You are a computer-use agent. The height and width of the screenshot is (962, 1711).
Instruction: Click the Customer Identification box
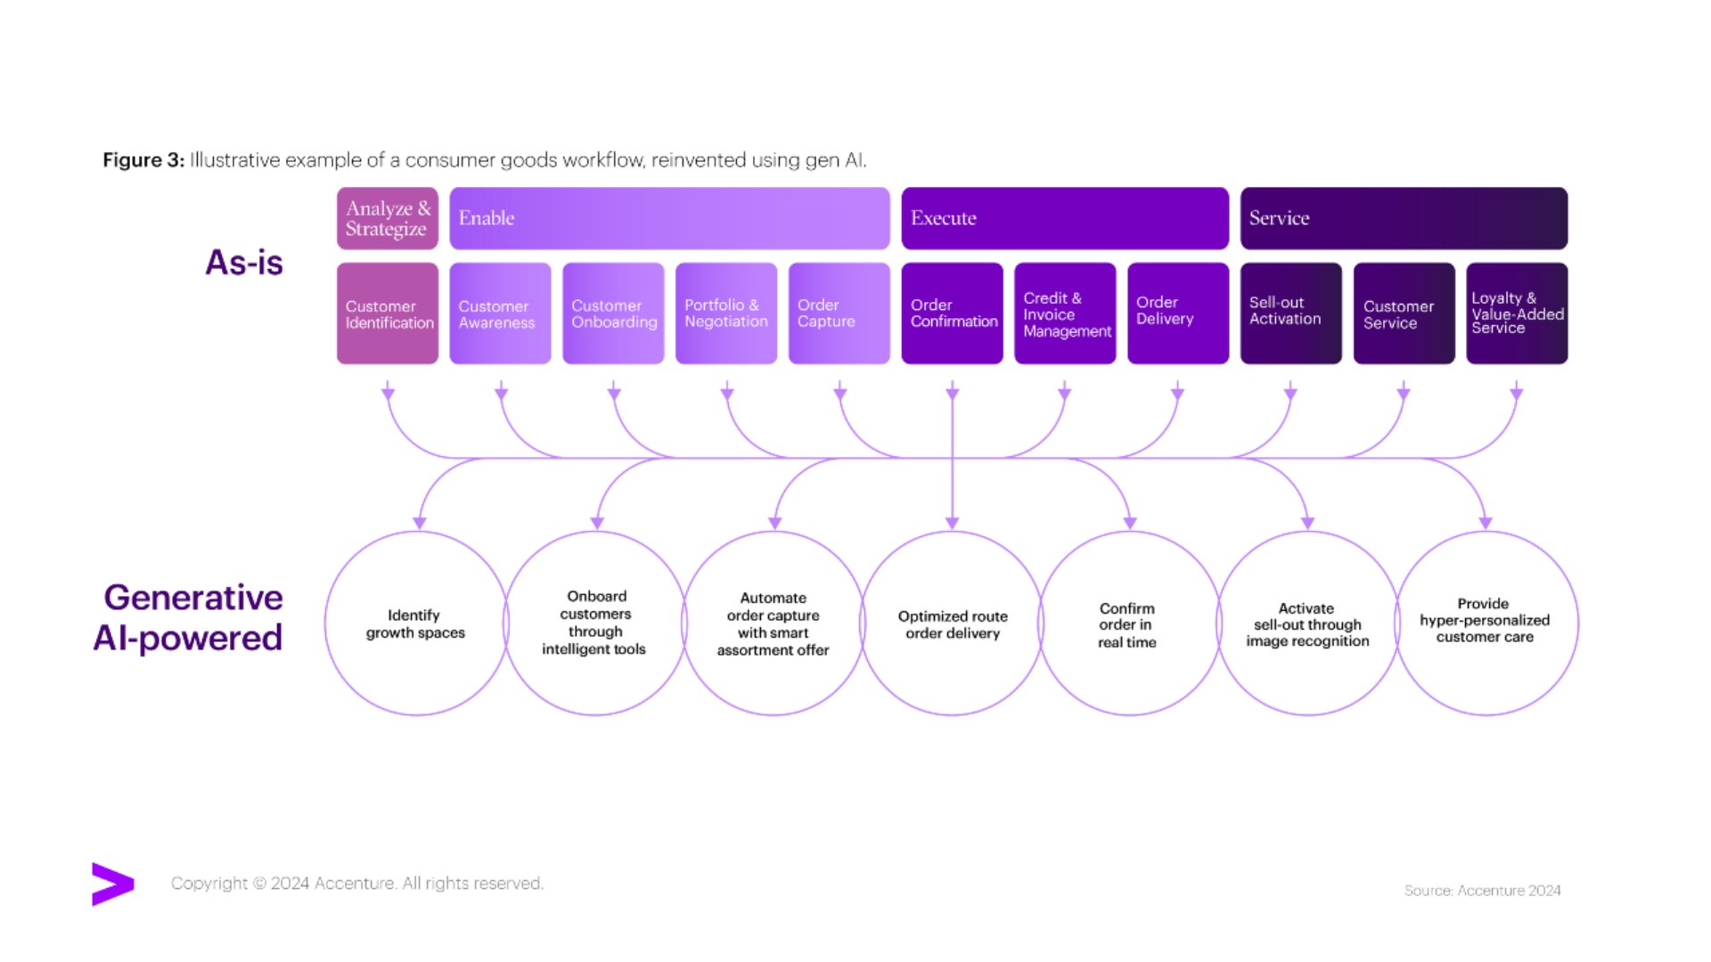[388, 314]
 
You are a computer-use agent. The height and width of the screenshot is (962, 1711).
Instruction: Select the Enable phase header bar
[669, 218]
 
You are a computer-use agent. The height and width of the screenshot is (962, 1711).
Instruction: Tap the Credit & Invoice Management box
[1065, 314]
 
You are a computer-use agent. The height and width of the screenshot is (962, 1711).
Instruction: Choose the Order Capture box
[839, 314]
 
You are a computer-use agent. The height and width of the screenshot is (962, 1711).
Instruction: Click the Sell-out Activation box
[1290, 314]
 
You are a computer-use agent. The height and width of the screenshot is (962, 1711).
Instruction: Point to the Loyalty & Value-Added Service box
[1517, 314]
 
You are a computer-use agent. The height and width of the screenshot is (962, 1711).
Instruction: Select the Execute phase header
[1065, 218]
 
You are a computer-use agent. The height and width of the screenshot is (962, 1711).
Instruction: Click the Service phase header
[1404, 218]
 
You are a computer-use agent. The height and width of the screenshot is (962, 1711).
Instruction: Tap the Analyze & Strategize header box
[388, 218]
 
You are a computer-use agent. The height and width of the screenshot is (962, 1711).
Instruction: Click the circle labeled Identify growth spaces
[416, 624]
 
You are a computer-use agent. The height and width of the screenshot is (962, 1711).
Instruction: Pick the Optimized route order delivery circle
[952, 624]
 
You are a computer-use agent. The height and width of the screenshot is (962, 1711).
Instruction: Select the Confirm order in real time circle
[1129, 624]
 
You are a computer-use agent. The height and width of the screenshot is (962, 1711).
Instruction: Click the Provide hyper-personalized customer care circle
[1486, 624]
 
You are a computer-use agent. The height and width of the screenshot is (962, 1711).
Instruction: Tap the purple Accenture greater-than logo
[112, 884]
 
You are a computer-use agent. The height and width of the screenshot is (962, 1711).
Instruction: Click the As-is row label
[244, 263]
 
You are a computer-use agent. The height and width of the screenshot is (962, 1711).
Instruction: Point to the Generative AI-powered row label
[190, 617]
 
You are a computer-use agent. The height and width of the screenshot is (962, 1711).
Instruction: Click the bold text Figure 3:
[143, 160]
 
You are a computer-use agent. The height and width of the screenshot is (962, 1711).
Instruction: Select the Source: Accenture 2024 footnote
[1482, 891]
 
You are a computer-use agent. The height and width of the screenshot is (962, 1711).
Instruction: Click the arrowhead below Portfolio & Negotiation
[727, 393]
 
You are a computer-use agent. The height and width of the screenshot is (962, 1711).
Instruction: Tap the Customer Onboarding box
[613, 314]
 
